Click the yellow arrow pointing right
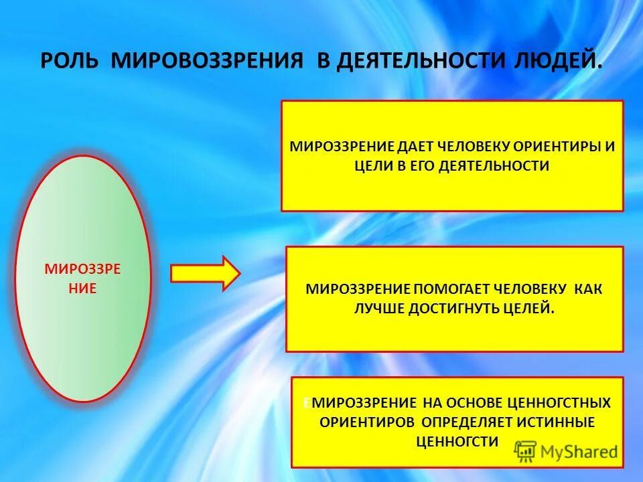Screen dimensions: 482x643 tap(205, 273)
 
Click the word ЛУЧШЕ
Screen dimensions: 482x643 tap(380, 309)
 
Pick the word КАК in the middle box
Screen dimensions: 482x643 tap(587, 289)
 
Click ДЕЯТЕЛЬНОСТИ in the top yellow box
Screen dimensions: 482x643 tap(494, 166)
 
